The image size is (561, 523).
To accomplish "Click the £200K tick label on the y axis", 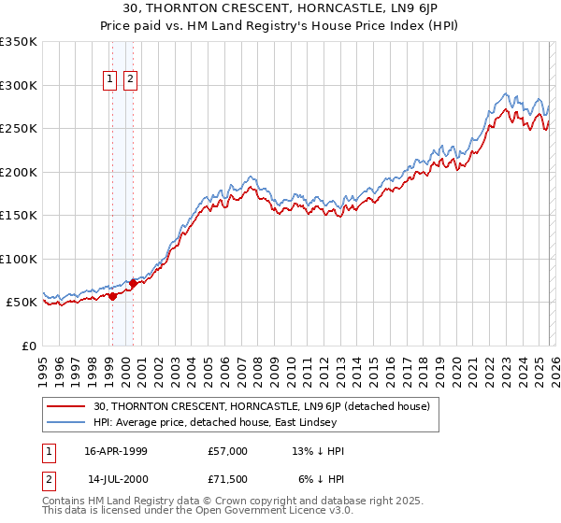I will [x=19, y=172].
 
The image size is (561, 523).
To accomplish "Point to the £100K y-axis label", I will [x=19, y=259].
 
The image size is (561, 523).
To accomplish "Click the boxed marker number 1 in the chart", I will [x=110, y=80].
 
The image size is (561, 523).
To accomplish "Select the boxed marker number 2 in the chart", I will [x=129, y=80].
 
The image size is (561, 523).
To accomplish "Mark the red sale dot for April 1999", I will [x=112, y=296].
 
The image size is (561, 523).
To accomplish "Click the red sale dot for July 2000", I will [x=133, y=284].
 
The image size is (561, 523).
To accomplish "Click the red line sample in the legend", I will [x=67, y=406].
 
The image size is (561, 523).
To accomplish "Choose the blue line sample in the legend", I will [x=67, y=423].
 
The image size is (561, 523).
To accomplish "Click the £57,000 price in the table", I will [x=227, y=451].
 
